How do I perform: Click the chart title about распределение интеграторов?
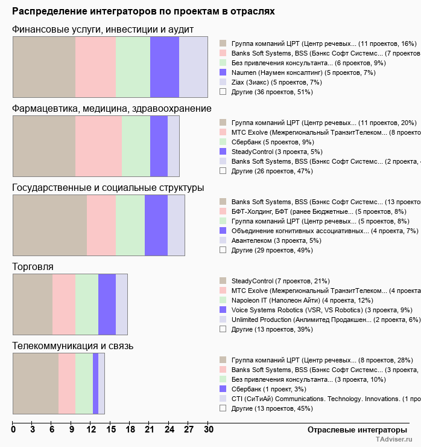(144, 11)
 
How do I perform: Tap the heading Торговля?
(33, 266)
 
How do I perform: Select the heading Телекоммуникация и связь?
(72, 346)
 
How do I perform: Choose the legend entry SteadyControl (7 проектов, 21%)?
(280, 281)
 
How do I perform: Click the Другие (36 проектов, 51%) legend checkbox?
(223, 92)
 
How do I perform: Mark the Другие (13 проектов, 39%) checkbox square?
(223, 329)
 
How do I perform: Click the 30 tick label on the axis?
(208, 429)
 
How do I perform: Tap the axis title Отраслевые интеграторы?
(353, 429)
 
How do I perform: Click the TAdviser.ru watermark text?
(394, 440)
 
